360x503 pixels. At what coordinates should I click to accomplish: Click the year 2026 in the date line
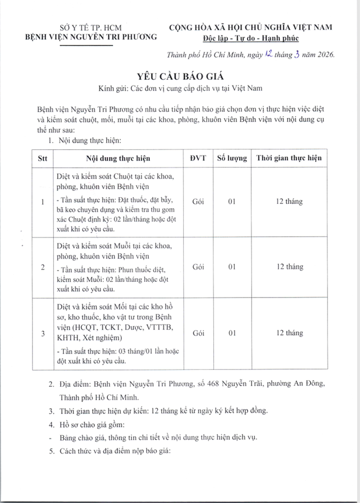click(x=324, y=55)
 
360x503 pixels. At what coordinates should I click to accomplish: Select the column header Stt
click(x=42, y=158)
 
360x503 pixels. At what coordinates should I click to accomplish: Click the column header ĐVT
click(x=198, y=158)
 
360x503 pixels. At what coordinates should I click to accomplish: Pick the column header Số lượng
click(x=231, y=158)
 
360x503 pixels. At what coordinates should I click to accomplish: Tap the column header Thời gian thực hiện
click(x=289, y=158)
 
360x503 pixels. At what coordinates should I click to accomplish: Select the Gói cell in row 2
click(x=198, y=267)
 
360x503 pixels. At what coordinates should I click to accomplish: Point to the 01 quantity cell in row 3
click(x=231, y=333)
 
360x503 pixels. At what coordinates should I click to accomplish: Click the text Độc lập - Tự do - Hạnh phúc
click(x=251, y=38)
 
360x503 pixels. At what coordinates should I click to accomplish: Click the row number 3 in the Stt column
click(x=43, y=333)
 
